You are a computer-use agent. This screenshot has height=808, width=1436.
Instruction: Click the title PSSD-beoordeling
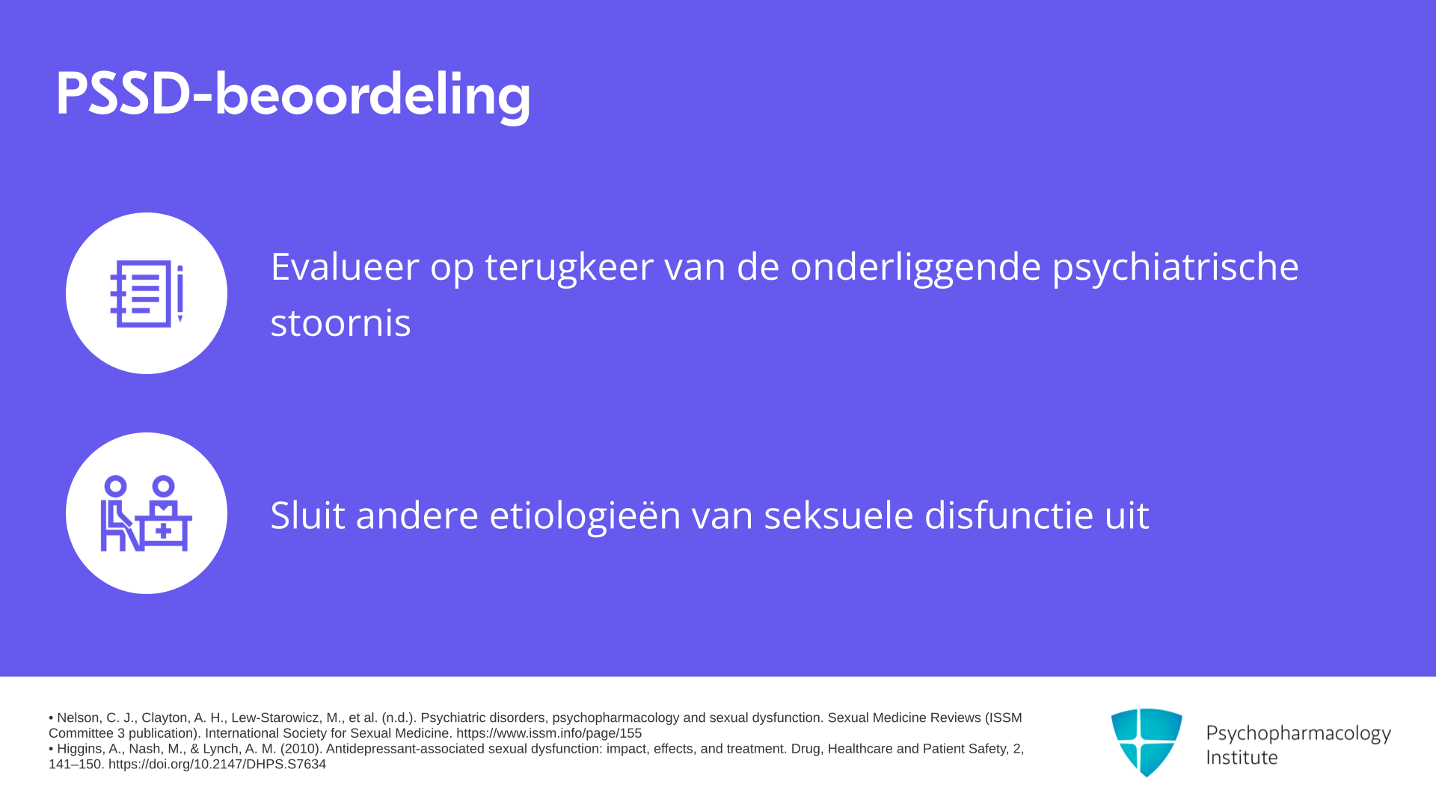click(x=293, y=95)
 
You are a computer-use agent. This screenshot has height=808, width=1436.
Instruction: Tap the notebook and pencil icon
click(x=147, y=293)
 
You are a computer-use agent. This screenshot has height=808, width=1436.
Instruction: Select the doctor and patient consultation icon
click(x=147, y=513)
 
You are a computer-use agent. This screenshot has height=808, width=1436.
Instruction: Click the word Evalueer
click(x=345, y=266)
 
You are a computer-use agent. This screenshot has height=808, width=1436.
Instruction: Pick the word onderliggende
click(x=915, y=268)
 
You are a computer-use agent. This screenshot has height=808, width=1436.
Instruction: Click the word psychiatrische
click(x=1175, y=268)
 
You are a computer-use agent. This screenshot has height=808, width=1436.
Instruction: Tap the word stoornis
click(x=340, y=323)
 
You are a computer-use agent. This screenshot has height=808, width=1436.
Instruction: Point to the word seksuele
click(x=838, y=515)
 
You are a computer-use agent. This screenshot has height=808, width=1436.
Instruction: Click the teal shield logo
click(x=1147, y=742)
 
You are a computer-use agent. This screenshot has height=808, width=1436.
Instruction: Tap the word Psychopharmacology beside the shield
click(x=1298, y=734)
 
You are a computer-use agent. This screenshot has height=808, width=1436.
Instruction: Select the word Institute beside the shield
click(x=1242, y=757)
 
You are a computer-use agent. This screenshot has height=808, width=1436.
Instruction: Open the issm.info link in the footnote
click(x=549, y=733)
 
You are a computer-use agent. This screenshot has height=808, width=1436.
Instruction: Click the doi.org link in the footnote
click(x=217, y=764)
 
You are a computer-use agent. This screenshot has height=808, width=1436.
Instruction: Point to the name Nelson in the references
click(x=78, y=718)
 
